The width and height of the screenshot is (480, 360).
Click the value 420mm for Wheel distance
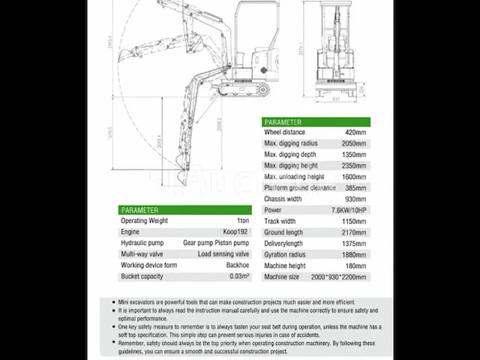355,132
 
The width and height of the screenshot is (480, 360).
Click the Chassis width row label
282,199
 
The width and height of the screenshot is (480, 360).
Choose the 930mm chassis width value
355,199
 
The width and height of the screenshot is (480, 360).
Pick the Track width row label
280,221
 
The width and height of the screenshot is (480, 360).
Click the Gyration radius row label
285,255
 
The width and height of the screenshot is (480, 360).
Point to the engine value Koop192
235,232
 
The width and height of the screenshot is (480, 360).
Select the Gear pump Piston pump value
217,243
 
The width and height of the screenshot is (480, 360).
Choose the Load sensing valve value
223,254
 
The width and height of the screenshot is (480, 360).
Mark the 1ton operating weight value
241,221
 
